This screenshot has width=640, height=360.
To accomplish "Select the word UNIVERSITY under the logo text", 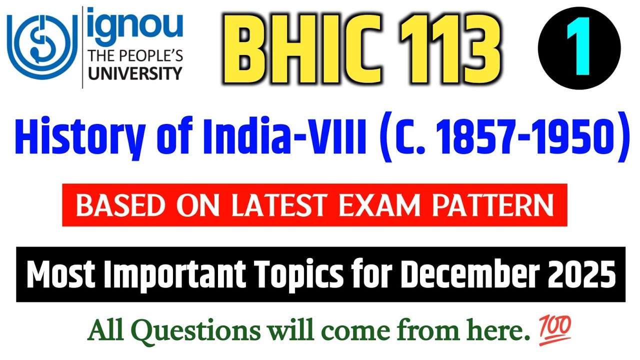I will coord(134,73).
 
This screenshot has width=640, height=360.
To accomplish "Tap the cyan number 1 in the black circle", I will coord(579,48).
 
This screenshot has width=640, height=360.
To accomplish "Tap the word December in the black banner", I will coord(467,274).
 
